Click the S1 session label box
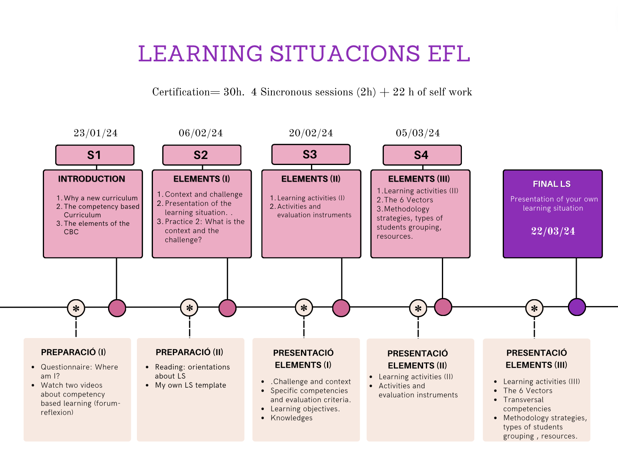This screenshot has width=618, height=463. [x=94, y=155]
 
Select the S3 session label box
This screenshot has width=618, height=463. [x=311, y=154]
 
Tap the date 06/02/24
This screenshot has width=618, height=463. [x=201, y=133]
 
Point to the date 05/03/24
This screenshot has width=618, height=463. [x=417, y=133]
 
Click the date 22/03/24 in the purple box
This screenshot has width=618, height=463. [x=553, y=231]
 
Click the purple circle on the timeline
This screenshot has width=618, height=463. [x=577, y=307]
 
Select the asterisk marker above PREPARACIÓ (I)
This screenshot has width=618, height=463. [x=76, y=308]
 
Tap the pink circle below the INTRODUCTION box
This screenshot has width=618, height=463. [x=117, y=308]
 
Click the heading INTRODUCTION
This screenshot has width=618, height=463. [x=92, y=179]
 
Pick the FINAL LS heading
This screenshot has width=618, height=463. [x=552, y=184]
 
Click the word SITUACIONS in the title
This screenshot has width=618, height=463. [x=345, y=54]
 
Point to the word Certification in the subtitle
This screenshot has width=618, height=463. [x=181, y=92]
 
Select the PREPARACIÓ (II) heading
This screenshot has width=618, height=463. [x=189, y=352]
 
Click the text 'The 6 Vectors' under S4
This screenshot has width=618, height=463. [x=408, y=200]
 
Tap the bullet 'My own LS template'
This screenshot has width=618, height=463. [x=191, y=385]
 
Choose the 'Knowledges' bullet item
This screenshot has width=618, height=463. [x=291, y=418]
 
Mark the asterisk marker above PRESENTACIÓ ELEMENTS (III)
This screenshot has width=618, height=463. [x=534, y=308]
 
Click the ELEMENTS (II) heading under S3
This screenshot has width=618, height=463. [x=311, y=179]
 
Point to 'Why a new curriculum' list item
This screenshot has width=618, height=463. [x=100, y=198]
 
